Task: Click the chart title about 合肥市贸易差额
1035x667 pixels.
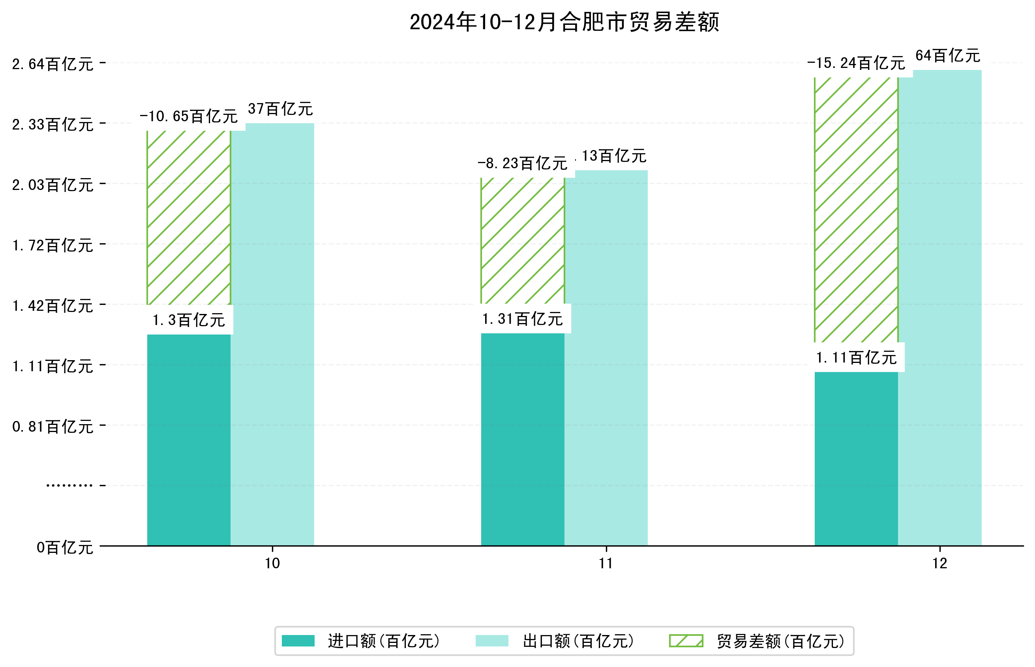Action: (x=564, y=22)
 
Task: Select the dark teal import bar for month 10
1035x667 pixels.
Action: (x=189, y=440)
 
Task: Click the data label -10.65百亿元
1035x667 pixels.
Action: (x=189, y=116)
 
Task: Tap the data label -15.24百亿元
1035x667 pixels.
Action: (x=856, y=63)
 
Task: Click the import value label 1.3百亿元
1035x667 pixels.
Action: (x=189, y=320)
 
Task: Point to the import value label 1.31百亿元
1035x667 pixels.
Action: (x=522, y=319)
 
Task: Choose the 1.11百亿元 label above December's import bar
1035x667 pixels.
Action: (x=856, y=358)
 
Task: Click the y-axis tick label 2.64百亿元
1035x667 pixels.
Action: (x=53, y=64)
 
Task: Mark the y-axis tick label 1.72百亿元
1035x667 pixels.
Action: (x=53, y=246)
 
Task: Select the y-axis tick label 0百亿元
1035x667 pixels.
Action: (x=65, y=547)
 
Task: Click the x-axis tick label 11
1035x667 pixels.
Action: (x=606, y=564)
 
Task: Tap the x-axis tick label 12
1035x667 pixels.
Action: (x=940, y=564)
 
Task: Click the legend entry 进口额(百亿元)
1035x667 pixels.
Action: (x=384, y=641)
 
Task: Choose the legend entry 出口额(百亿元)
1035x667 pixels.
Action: (x=578, y=641)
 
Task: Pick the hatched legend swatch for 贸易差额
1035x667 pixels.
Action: (x=686, y=641)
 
